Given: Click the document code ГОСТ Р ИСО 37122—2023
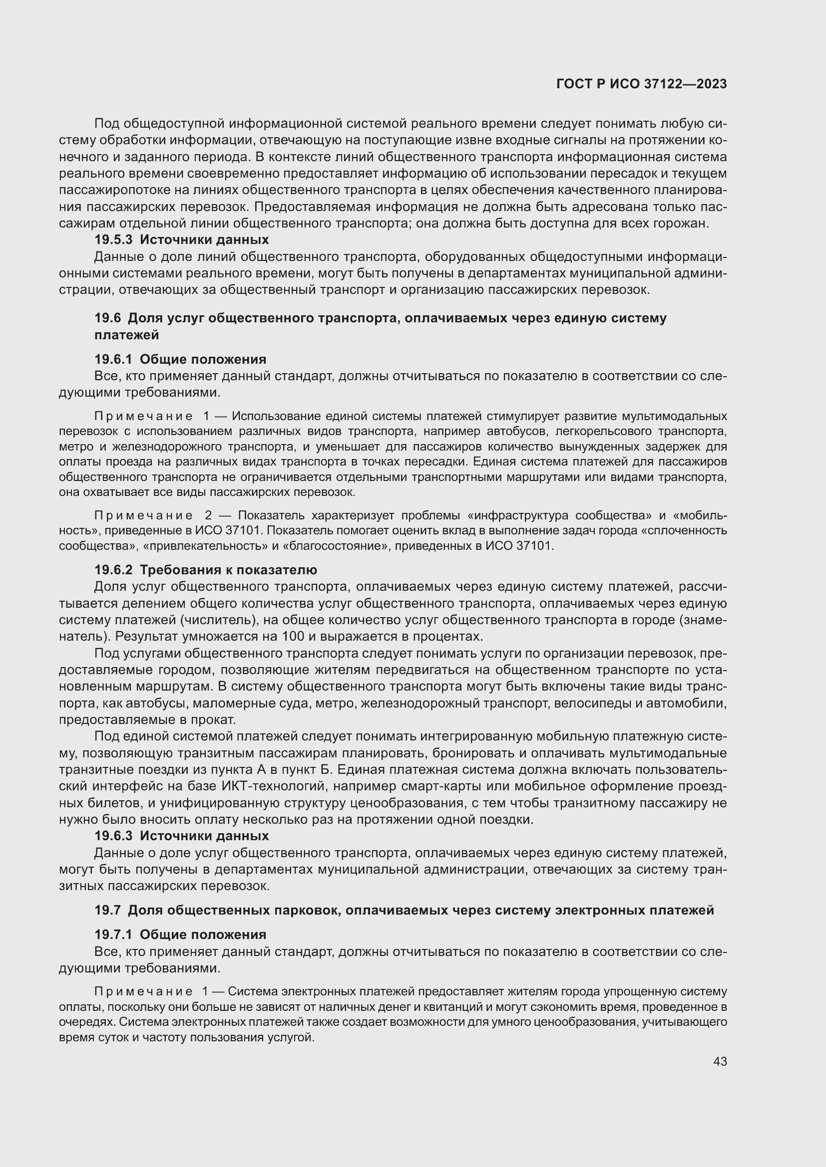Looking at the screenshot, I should (x=641, y=84).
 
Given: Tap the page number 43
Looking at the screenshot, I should (x=720, y=1061).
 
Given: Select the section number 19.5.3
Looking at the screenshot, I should (x=113, y=239).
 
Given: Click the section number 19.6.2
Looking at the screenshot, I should (x=113, y=570).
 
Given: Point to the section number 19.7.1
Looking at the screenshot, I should (x=113, y=934).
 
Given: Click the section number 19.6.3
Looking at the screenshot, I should (x=113, y=836).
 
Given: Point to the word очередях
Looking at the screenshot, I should (x=83, y=1022).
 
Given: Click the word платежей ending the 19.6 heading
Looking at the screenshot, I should (x=126, y=335).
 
